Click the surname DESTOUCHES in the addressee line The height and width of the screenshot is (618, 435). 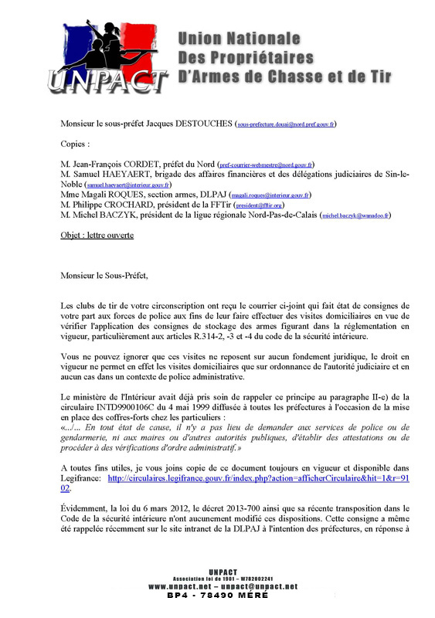point(203,123)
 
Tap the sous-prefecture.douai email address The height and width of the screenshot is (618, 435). point(286,124)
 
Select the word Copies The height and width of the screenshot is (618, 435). point(74,144)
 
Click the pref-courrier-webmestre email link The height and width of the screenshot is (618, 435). point(266,165)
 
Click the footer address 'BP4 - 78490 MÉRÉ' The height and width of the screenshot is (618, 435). point(222,596)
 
